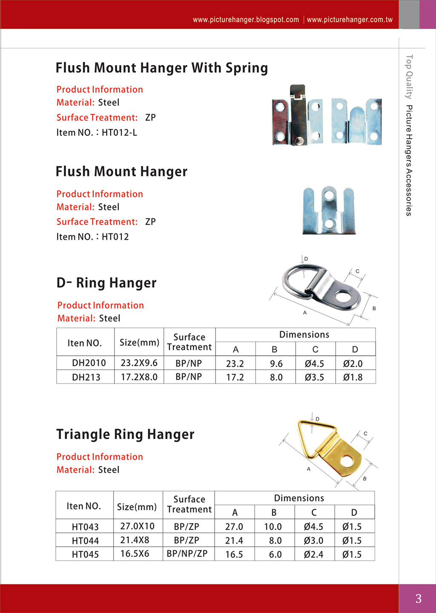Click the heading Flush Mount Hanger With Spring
[x=161, y=68]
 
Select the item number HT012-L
[x=119, y=133]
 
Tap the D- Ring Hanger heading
[x=106, y=283]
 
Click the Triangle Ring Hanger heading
[x=125, y=434]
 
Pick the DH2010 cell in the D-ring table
[x=89, y=363]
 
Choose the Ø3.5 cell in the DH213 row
[x=314, y=377]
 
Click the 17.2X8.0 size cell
[x=139, y=377]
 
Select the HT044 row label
[x=85, y=541]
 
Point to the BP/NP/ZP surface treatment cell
[x=187, y=554]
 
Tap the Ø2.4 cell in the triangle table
[x=313, y=554]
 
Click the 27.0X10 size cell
[x=137, y=526]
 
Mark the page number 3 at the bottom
[x=418, y=599]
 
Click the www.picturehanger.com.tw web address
[x=350, y=20]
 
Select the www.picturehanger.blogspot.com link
[x=246, y=20]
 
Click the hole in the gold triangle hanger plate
[x=348, y=461]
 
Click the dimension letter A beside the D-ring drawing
[x=305, y=313]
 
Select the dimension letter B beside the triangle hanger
[x=364, y=479]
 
